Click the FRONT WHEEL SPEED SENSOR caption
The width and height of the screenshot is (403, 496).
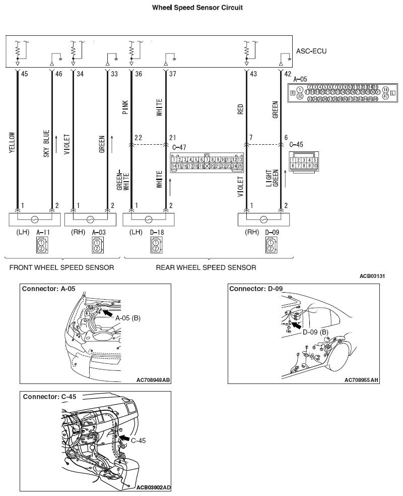coord(61,267)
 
